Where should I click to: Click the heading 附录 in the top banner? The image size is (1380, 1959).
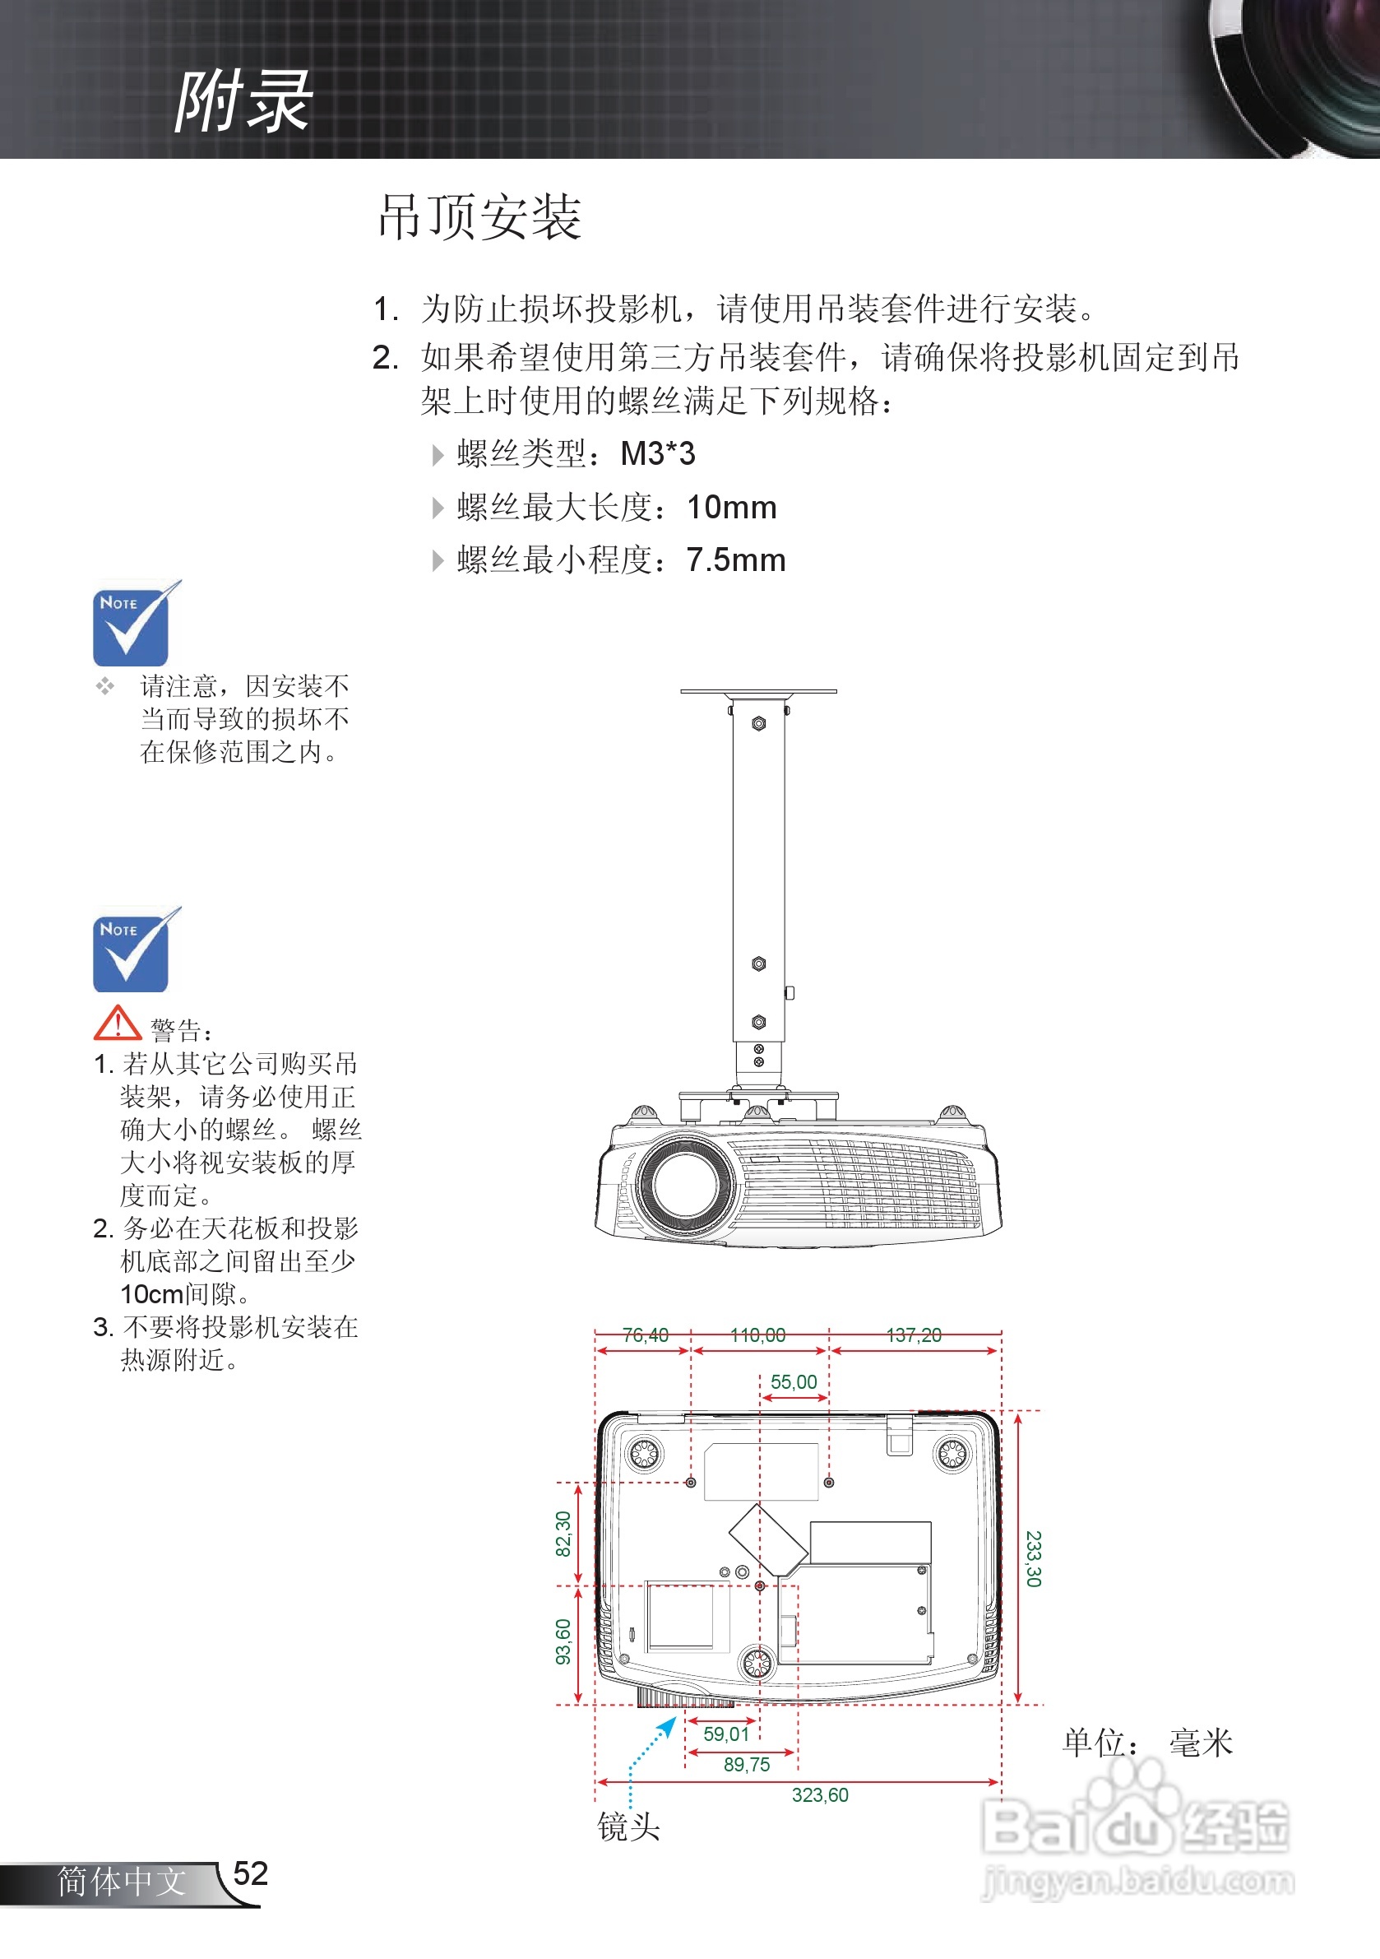[x=243, y=101]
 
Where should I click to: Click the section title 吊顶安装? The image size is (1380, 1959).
[x=479, y=216]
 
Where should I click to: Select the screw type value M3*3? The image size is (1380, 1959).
[x=658, y=454]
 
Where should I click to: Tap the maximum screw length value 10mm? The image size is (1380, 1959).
[x=732, y=508]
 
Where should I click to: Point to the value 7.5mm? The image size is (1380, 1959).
[x=735, y=560]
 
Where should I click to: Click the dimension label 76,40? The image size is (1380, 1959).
[x=645, y=1335]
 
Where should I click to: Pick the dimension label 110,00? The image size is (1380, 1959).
[x=757, y=1335]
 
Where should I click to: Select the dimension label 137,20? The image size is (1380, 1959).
[x=914, y=1335]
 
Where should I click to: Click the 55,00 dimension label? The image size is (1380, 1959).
[x=793, y=1381]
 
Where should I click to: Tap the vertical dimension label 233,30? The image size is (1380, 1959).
[x=1033, y=1559]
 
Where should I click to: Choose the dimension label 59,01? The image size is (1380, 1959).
[x=726, y=1734]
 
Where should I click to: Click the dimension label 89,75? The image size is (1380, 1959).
[x=746, y=1765]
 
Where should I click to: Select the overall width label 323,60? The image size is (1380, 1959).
[x=820, y=1795]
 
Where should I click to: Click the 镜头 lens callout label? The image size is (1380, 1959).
[x=628, y=1827]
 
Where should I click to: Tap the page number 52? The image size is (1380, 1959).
[x=250, y=1873]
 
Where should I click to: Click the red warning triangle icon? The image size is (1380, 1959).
[x=118, y=1023]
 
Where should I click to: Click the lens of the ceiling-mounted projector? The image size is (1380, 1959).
[x=684, y=1183]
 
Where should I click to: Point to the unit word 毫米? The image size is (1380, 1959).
[x=1201, y=1743]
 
